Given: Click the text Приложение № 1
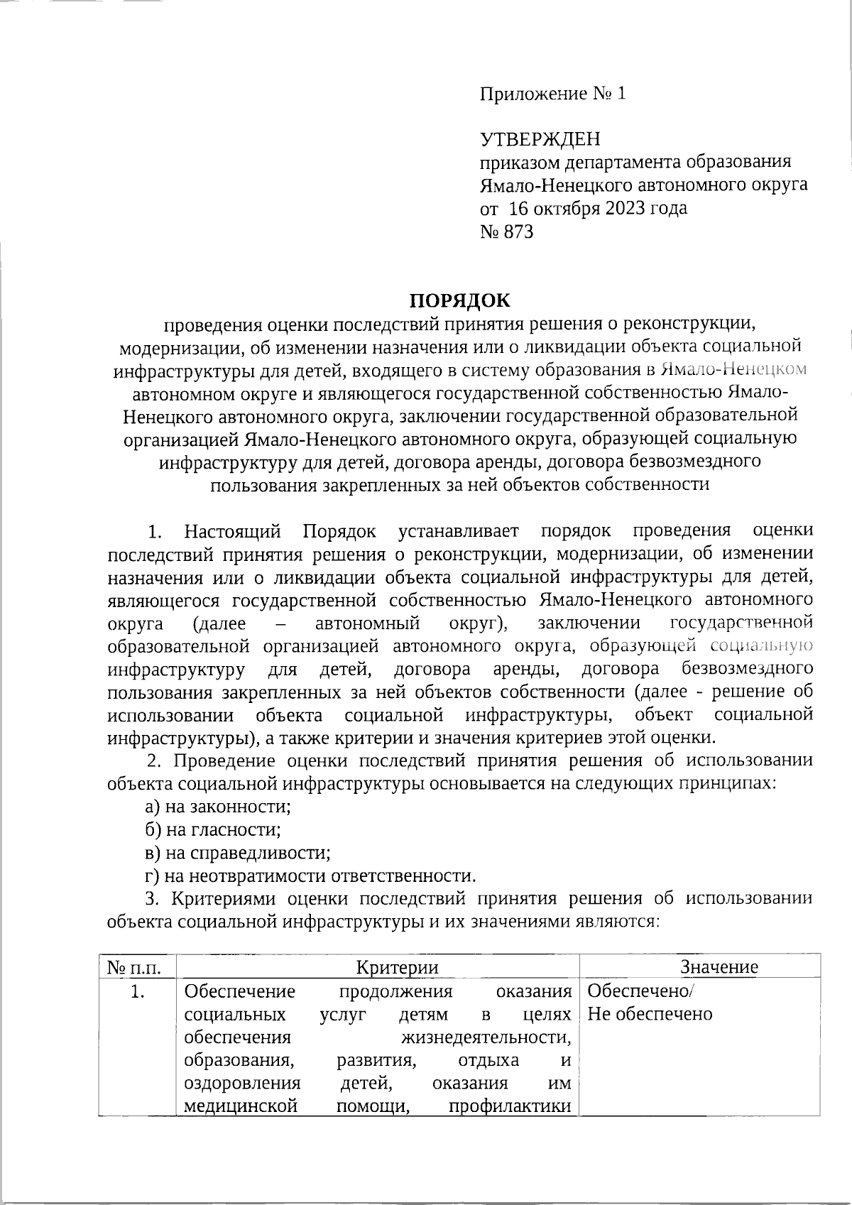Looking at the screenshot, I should click(x=554, y=94).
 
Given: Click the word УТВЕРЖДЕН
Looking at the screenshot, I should click(x=540, y=138).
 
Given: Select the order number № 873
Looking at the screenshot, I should click(x=507, y=232).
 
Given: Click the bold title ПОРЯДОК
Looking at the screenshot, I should click(x=459, y=300).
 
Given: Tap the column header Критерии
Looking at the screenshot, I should click(x=397, y=967).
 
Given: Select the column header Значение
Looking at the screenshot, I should click(x=719, y=967).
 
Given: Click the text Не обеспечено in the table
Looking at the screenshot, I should click(x=650, y=1014).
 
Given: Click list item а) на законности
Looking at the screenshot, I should click(x=219, y=807).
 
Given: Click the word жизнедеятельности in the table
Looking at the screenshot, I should click(x=487, y=1037).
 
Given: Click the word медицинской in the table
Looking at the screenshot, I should click(x=240, y=1106).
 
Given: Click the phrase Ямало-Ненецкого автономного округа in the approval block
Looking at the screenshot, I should click(x=644, y=186).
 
